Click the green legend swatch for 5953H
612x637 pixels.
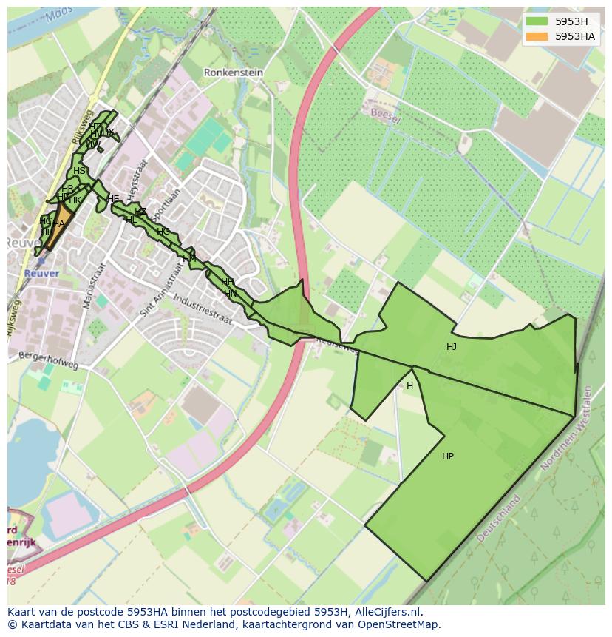pyautogui.click(x=537, y=21)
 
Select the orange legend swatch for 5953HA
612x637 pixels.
pyautogui.click(x=537, y=36)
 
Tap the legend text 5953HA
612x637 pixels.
pyautogui.click(x=575, y=36)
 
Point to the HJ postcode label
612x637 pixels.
pyautogui.click(x=452, y=347)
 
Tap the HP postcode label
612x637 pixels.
pyautogui.click(x=448, y=456)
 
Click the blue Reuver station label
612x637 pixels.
pyautogui.click(x=41, y=273)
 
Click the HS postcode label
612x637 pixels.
pyautogui.click(x=79, y=171)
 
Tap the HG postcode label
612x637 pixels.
pyautogui.click(x=163, y=232)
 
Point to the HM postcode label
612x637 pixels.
pyautogui.click(x=189, y=258)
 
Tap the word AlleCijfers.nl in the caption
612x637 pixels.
pyautogui.click(x=385, y=612)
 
